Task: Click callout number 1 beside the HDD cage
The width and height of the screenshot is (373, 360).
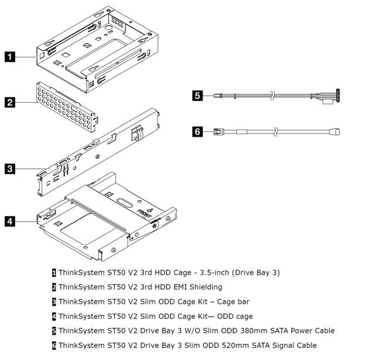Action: (x=10, y=57)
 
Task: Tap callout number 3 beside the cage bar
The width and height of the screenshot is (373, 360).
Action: (x=10, y=169)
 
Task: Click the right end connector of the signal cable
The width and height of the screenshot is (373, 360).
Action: (x=335, y=131)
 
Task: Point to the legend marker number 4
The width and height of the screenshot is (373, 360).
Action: (x=54, y=316)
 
